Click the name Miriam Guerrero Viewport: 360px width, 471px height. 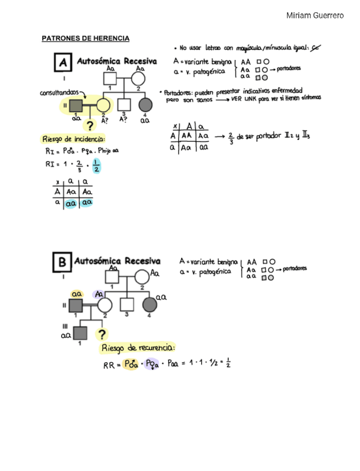pos(314,15)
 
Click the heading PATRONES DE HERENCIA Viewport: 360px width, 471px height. pos(86,38)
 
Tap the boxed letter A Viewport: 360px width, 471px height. pos(63,63)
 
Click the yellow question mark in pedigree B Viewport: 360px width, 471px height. pos(102,334)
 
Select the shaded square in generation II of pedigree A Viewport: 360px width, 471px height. pos(76,104)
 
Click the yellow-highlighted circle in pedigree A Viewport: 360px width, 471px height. pos(103,104)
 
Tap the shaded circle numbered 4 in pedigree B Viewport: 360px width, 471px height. pos(149,304)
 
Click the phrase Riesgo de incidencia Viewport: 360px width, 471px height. pos(74,139)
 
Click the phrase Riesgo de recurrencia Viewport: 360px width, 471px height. pos(138,348)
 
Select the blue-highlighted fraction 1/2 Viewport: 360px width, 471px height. pos(97,166)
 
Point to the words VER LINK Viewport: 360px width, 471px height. pos(243,99)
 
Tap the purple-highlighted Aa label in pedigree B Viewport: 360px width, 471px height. pos(99,293)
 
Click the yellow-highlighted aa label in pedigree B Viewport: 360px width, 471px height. pos(77,293)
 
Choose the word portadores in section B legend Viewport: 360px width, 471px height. pos(294,269)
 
